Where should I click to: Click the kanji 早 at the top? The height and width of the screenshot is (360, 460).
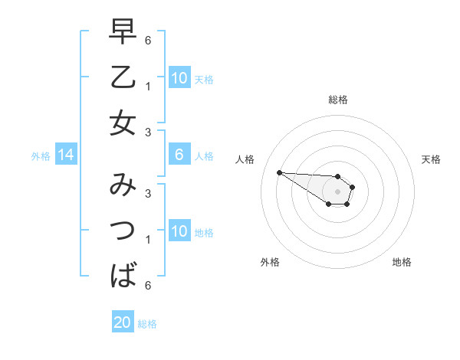(123, 33)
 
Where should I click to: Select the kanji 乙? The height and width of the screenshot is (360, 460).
(123, 78)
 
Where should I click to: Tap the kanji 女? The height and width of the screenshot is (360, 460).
(123, 123)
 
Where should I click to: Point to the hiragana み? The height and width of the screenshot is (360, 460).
(123, 185)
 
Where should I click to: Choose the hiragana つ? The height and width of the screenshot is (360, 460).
(123, 230)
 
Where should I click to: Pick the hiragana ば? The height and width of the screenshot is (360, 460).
(123, 274)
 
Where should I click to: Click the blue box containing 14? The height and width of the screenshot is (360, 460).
(66, 155)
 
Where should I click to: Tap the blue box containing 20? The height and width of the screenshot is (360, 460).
(123, 322)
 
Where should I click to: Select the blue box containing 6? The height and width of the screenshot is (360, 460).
(179, 155)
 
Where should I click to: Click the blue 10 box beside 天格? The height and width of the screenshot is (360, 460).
(179, 78)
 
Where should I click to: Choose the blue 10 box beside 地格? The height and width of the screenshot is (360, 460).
(179, 231)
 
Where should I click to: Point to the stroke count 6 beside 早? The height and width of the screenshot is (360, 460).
(148, 39)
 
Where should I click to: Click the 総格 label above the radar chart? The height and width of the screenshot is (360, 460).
(338, 100)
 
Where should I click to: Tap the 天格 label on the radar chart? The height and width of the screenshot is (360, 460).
(432, 159)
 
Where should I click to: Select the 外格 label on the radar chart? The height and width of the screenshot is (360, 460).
(270, 262)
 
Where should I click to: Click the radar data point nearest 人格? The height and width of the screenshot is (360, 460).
(279, 172)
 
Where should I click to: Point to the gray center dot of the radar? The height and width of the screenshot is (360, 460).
(337, 191)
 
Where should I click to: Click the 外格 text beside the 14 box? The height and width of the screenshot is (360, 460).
(41, 156)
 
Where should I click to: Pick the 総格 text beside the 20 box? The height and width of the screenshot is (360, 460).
(147, 324)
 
